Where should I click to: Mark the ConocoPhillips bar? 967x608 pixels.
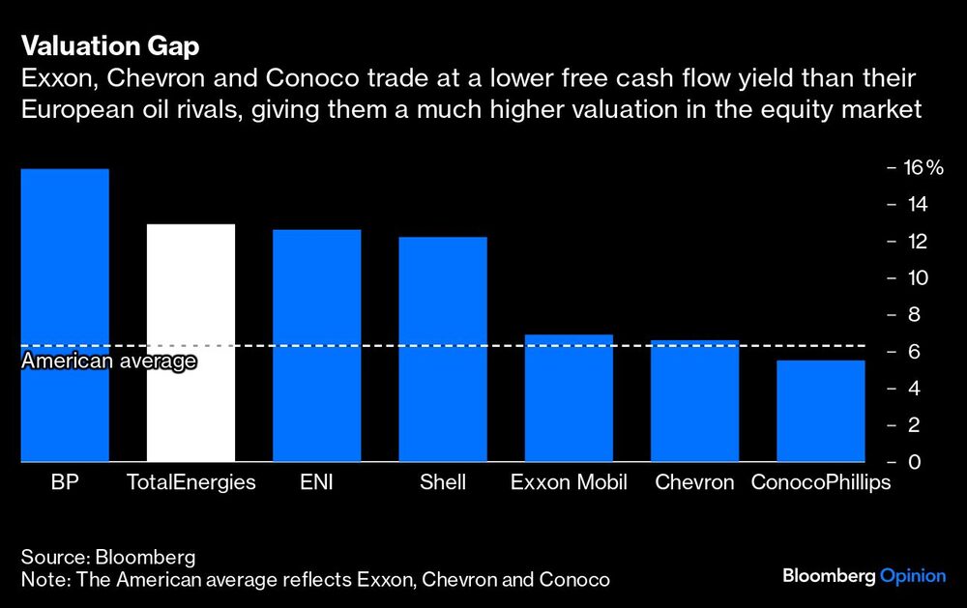click(821, 411)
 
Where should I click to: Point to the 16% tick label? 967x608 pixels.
click(923, 168)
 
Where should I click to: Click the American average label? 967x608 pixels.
click(108, 362)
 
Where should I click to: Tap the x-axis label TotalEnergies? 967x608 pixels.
click(190, 482)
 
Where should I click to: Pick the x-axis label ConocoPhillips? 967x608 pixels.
click(821, 482)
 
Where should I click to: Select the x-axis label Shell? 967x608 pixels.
click(443, 482)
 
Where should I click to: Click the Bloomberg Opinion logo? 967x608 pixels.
click(864, 576)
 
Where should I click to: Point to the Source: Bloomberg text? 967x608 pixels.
click(108, 558)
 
